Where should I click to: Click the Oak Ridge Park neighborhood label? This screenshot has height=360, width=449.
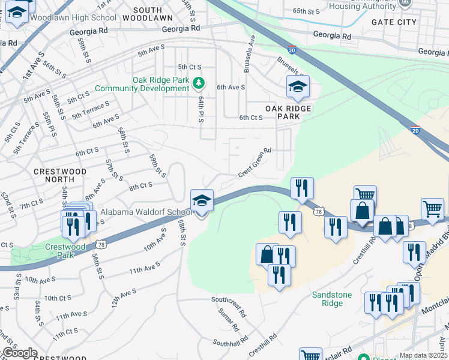coord(280,112)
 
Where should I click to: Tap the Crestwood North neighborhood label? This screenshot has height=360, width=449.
coord(60,176)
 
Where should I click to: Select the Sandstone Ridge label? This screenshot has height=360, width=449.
coord(327,299)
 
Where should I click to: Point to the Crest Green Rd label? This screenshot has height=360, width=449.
coord(255,163)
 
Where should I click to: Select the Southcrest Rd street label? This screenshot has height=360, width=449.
coord(229,305)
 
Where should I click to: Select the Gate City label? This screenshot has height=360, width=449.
coord(394,22)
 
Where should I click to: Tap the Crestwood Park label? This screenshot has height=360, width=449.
coord(65,251)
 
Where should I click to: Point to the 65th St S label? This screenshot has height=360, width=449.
coord(307,11)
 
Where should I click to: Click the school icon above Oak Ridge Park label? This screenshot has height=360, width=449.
coord(298,88)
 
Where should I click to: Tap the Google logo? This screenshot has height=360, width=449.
coord(19,353)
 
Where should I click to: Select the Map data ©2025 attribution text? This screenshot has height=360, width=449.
coord(424,355)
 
